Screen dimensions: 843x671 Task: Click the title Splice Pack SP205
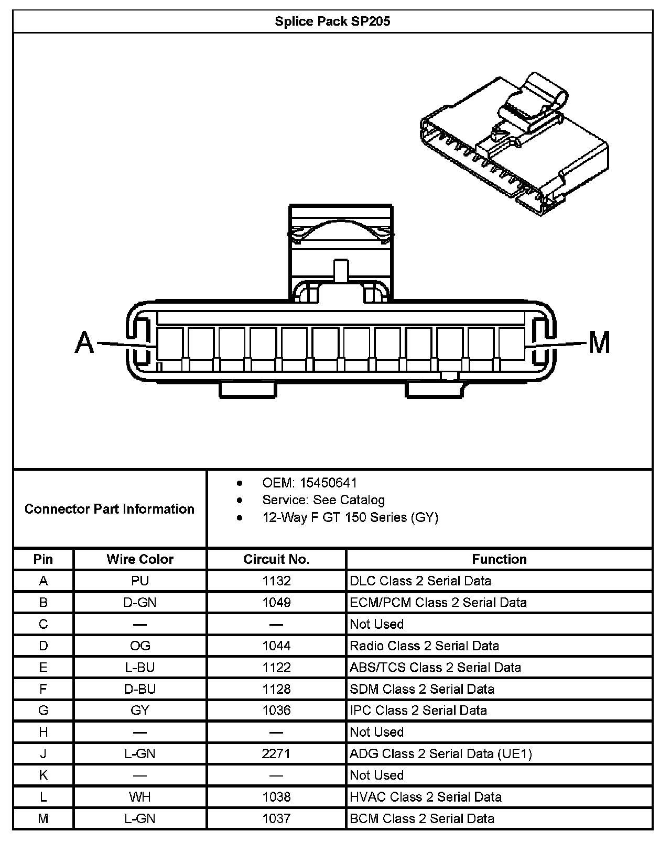pos(332,21)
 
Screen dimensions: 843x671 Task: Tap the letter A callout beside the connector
pos(84,343)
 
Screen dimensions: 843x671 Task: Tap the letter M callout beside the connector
pos(599,343)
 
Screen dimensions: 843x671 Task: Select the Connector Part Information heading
pos(110,509)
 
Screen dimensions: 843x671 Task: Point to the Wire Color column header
pos(140,559)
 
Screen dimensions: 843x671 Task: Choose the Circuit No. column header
pos(276,559)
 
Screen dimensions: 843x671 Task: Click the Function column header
pos(499,559)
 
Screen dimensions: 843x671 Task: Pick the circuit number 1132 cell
pos(276,581)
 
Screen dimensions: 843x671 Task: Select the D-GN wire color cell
pos(140,602)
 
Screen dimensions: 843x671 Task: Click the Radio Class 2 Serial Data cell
pos(424,646)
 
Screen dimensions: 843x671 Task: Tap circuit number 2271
pos(276,753)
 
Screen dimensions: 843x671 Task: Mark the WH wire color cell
pos(140,797)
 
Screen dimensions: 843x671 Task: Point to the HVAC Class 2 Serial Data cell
pos(426,797)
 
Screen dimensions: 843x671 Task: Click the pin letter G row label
pos(43,711)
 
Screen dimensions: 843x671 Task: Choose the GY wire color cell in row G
pos(140,711)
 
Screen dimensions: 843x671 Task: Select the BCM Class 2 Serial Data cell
pos(422,818)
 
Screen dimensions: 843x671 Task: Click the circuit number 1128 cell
pos(276,689)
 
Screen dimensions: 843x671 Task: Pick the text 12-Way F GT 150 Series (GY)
pos(350,517)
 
